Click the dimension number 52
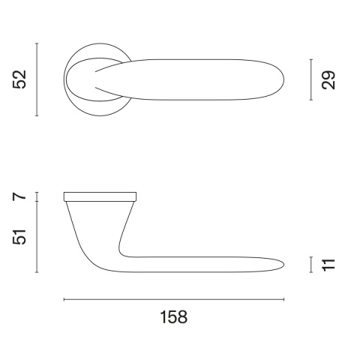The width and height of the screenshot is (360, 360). pos(19,79)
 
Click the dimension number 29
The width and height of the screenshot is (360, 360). pos(328,80)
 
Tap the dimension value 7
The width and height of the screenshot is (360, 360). pos(19,196)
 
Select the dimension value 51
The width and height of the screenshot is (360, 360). pos(19,237)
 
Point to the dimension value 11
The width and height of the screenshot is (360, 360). pos(328,265)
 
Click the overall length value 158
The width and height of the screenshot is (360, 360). pos(173,317)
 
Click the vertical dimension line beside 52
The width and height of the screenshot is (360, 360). pos(37,79)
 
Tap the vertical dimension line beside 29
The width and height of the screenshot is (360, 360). pos(310,79)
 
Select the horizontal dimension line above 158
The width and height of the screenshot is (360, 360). pos(174,299)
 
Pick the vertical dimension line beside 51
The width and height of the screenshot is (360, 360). pos(37,237)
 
